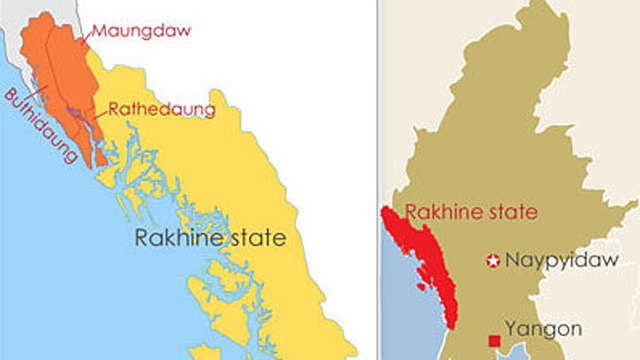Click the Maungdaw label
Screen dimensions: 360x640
pos(140,30)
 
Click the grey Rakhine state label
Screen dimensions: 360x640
pos(211,239)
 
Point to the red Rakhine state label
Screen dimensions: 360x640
pos(472,212)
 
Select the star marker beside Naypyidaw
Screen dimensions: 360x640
pos(492,261)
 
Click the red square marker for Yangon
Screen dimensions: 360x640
pos(494,342)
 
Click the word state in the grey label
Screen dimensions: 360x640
pos(256,239)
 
